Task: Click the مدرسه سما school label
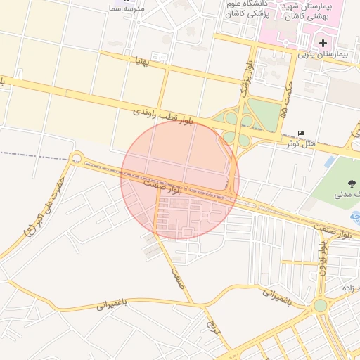click(x=127, y=8)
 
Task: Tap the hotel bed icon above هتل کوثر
click(x=302, y=134)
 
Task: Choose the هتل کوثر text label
click(x=300, y=143)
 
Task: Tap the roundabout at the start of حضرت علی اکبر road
click(x=76, y=157)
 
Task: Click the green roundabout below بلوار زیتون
click(x=321, y=306)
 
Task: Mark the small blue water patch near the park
click(x=329, y=162)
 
